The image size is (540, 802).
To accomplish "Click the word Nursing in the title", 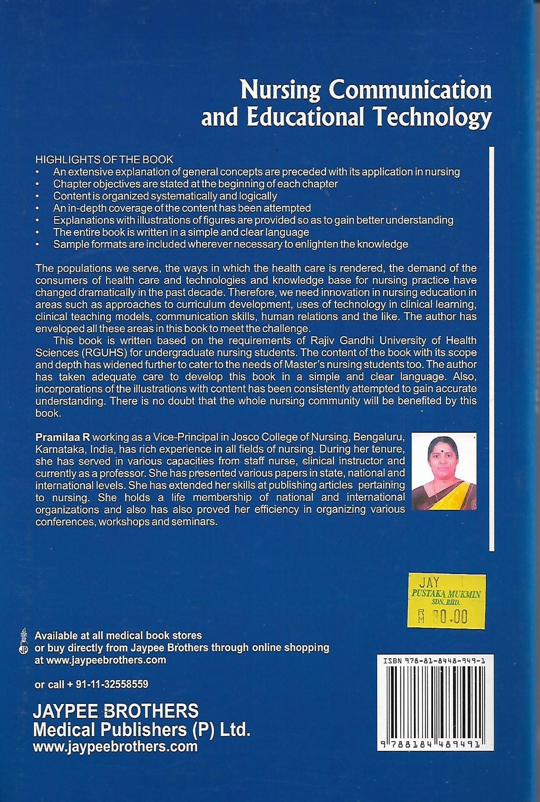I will (x=280, y=90).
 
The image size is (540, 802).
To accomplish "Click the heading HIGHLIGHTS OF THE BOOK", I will (x=104, y=159).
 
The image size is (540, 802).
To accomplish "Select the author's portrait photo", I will (x=443, y=472).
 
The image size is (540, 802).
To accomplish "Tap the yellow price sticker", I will (x=446, y=601).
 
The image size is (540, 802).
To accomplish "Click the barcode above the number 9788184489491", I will (x=435, y=701).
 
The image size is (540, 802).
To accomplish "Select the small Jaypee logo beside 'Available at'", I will (x=23, y=641).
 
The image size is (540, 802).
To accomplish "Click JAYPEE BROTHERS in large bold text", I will (x=115, y=711).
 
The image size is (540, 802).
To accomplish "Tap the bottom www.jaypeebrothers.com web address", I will (x=115, y=747).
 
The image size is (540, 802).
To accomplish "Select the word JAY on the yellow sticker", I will (x=428, y=583).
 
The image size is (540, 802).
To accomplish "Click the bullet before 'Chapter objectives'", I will (x=37, y=184).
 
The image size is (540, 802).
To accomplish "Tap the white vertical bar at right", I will (x=491, y=348).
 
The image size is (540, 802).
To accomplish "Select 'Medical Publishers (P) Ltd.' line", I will (x=141, y=730).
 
